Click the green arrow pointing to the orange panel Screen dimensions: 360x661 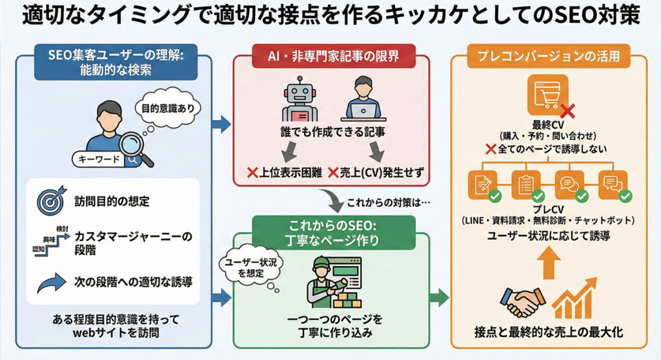440,297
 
